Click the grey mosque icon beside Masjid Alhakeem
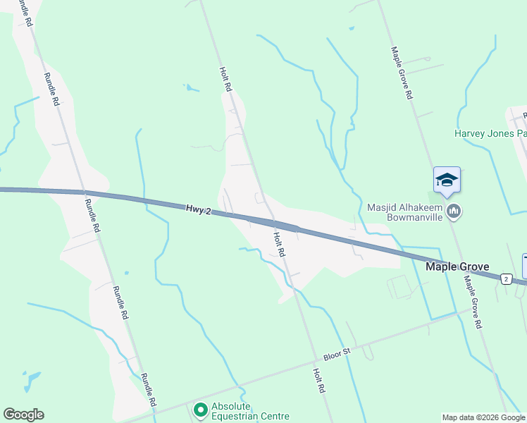point(454,211)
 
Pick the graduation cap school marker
point(447,181)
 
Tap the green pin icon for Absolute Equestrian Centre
point(200,409)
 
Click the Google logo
point(23,415)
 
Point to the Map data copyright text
point(484,417)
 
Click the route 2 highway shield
point(506,279)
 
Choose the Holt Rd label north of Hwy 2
point(226,80)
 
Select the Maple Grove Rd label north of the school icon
point(402,73)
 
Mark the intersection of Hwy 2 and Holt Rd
point(271,222)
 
